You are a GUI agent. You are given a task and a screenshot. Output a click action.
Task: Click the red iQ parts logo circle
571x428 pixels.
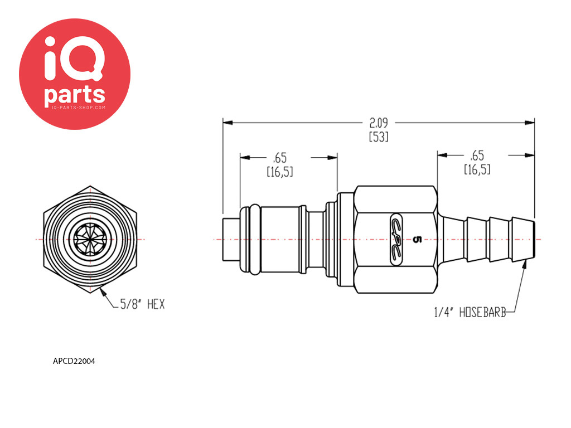coord(75,74)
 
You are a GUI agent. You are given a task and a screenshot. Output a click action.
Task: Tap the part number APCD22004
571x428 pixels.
coord(74,361)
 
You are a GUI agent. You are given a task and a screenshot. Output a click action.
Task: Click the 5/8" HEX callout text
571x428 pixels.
coord(142,304)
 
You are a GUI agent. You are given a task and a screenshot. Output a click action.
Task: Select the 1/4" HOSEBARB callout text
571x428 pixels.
coord(470,312)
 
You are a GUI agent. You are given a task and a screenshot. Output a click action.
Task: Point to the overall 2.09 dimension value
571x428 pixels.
coord(379,123)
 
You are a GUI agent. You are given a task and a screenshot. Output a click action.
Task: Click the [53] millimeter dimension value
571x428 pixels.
coord(379,137)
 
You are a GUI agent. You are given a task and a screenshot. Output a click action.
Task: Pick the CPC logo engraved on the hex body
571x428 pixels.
coord(396,239)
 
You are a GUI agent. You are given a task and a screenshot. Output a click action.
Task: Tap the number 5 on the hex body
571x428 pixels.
coord(417,240)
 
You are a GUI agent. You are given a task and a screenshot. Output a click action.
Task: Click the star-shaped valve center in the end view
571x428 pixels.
coord(90,240)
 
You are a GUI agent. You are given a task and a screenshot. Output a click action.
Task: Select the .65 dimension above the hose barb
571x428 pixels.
coord(477,155)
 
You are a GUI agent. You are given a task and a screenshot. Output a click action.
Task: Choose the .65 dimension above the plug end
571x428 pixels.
coord(280,158)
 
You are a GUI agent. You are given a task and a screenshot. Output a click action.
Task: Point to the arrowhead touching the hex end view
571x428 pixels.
coord(103,291)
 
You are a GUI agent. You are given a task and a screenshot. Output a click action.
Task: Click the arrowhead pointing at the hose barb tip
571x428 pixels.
coord(524,264)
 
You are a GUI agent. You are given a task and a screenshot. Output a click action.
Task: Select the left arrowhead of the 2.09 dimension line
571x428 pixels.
coord(228,123)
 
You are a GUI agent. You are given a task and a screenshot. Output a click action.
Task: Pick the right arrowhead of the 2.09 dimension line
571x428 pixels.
coord(530,123)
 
